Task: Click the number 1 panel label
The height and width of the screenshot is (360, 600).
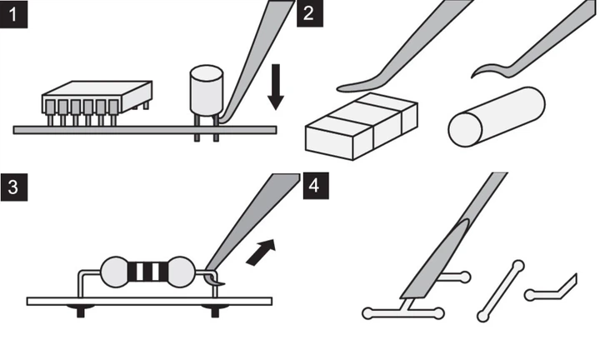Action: click(x=14, y=14)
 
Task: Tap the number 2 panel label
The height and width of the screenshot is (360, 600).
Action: click(x=309, y=13)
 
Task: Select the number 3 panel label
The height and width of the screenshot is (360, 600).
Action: click(x=14, y=187)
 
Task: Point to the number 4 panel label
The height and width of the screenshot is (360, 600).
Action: click(x=316, y=186)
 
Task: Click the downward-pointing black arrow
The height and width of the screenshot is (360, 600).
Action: click(x=276, y=87)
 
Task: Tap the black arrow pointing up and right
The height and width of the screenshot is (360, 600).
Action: click(x=261, y=252)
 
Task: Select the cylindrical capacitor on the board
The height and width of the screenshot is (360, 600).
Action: click(x=207, y=91)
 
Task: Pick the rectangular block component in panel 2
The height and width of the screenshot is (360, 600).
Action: click(x=361, y=126)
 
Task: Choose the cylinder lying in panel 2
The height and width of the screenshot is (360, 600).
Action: click(x=497, y=117)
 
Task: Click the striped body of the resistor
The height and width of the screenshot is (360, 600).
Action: click(x=147, y=272)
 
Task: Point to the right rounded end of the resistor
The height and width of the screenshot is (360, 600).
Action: click(x=182, y=272)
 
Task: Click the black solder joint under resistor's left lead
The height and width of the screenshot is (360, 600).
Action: click(x=80, y=310)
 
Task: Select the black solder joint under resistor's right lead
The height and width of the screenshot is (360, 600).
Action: click(x=215, y=310)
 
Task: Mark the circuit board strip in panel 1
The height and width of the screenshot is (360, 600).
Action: click(x=145, y=130)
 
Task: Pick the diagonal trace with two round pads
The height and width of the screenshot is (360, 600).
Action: click(x=501, y=291)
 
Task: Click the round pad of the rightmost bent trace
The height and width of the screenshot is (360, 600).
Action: click(x=530, y=295)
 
